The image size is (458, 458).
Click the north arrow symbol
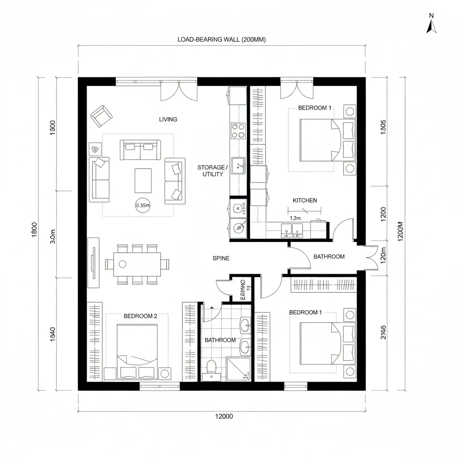(431, 25)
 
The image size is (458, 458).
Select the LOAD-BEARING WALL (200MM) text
(221, 39)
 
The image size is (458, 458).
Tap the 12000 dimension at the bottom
(224, 416)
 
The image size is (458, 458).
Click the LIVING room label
(168, 119)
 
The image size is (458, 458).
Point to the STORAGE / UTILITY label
(212, 170)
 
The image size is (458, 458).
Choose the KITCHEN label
(305, 200)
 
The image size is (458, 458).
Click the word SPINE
(221, 258)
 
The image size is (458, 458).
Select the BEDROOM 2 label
(140, 316)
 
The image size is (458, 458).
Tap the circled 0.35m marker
(142, 205)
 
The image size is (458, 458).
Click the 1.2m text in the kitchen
(296, 218)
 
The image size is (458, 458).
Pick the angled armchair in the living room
(101, 116)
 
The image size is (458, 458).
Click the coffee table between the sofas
(143, 180)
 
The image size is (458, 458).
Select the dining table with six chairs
(137, 264)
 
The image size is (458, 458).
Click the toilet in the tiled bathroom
(211, 368)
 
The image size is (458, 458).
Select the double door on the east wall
(370, 258)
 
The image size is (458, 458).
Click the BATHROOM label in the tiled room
(220, 340)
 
